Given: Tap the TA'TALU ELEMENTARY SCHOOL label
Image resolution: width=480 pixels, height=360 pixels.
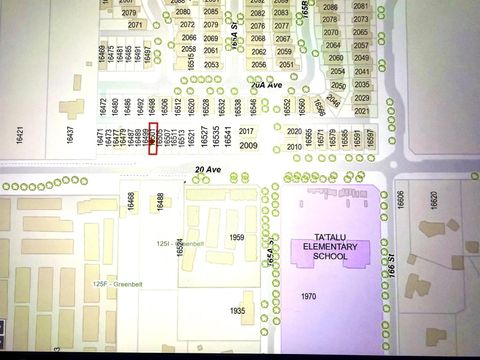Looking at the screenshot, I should point(331,250).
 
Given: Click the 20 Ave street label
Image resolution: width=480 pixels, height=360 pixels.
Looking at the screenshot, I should point(208,170).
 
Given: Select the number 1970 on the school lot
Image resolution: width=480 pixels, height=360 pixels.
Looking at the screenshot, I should point(308,296).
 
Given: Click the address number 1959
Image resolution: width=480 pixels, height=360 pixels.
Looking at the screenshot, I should point(237,237).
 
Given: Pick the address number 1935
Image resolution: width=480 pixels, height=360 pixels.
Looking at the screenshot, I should point(236,311).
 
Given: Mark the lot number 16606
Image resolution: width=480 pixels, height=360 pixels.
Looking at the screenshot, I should point(402,199).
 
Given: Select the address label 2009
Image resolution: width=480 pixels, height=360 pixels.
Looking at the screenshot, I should point(248,146).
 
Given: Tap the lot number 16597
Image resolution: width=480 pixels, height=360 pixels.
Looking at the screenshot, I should point(370,137).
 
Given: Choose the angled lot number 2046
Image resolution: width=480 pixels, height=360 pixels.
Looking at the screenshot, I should point(333,101).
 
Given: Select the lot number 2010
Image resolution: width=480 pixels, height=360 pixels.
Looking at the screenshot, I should point(294,146).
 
